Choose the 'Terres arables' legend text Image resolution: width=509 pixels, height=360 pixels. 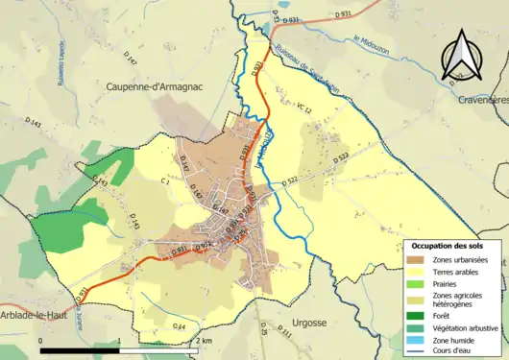pyautogui.click(x=458, y=272)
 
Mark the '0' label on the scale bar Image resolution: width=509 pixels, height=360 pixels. pyautogui.click(x=40, y=341)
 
